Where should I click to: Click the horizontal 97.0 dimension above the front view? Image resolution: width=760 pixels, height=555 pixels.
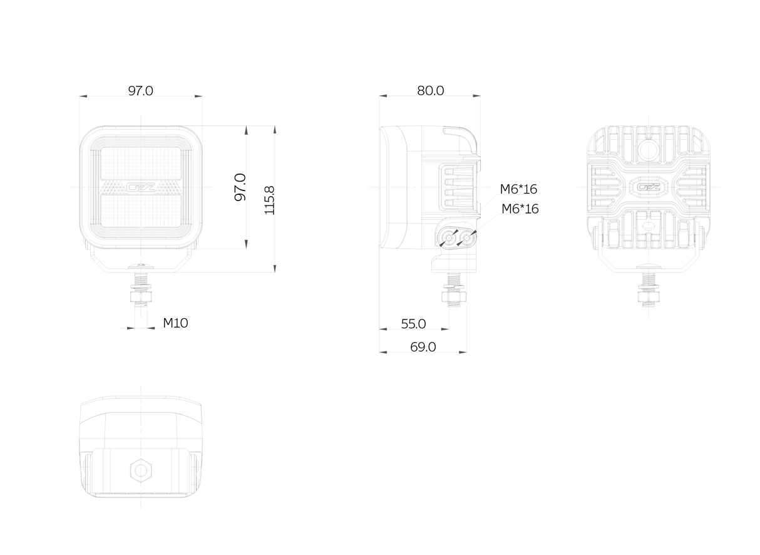pyautogui.click(x=140, y=91)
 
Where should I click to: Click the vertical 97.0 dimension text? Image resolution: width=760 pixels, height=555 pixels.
pyautogui.click(x=240, y=187)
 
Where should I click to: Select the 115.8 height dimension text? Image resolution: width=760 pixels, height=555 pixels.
pyautogui.click(x=269, y=200)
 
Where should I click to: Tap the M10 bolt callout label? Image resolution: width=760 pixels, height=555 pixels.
pyautogui.click(x=175, y=323)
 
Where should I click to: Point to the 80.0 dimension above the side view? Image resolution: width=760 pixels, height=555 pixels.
pyautogui.click(x=430, y=91)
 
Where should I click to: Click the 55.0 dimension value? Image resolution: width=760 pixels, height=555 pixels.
pyautogui.click(x=413, y=324)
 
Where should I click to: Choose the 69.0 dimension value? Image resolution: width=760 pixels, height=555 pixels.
pyautogui.click(x=423, y=347)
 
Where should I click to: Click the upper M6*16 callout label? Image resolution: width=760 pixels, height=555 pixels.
pyautogui.click(x=518, y=189)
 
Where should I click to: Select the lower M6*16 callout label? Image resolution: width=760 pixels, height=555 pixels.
pyautogui.click(x=520, y=209)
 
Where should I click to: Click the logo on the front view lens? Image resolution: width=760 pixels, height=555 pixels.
pyautogui.click(x=141, y=187)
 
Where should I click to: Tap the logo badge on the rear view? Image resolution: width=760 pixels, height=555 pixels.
pyautogui.click(x=649, y=187)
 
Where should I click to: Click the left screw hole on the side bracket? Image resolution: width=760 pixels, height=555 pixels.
pyautogui.click(x=449, y=238)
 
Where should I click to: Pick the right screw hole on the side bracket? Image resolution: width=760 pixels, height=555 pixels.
pyautogui.click(x=466, y=238)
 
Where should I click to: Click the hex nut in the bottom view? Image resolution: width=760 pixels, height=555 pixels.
pyautogui.click(x=141, y=471)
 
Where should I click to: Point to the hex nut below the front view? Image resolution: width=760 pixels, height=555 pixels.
pyautogui.click(x=141, y=297)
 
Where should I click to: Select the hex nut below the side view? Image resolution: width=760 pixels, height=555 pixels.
pyautogui.click(x=453, y=297)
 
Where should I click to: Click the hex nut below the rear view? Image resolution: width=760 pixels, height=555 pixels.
pyautogui.click(x=649, y=297)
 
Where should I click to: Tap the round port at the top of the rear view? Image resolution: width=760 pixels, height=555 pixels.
pyautogui.click(x=649, y=151)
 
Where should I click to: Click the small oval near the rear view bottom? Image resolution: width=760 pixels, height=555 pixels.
pyautogui.click(x=649, y=226)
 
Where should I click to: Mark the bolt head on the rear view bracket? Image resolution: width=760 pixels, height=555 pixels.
pyautogui.click(x=649, y=266)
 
